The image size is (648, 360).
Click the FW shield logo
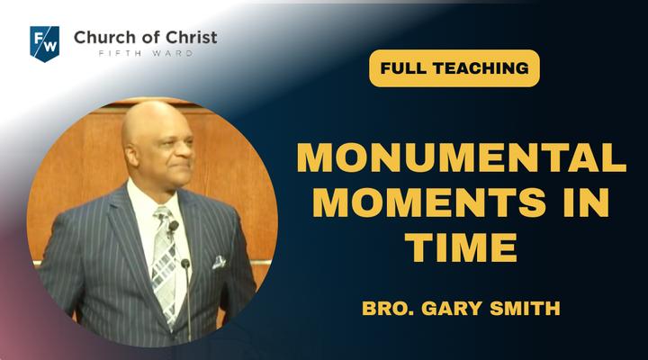(x=45, y=44)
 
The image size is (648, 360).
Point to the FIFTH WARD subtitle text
(x=146, y=53)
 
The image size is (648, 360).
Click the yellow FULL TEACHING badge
(x=454, y=68)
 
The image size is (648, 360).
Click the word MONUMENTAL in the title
(x=462, y=157)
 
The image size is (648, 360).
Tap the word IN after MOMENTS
(x=586, y=202)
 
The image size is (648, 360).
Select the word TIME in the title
(x=461, y=247)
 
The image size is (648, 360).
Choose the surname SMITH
(x=525, y=309)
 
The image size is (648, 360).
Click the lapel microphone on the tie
(x=173, y=226)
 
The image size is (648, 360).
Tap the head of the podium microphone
(x=185, y=264)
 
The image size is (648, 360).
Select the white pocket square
(x=219, y=262)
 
